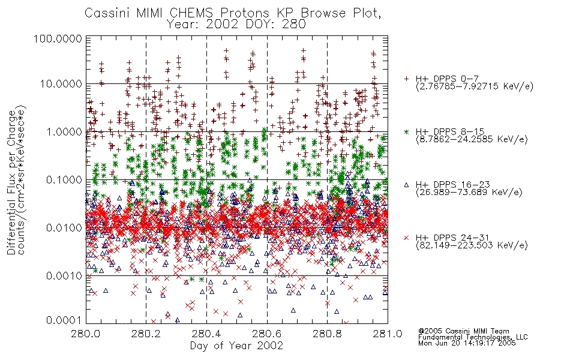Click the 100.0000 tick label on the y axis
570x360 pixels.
pyautogui.click(x=58, y=38)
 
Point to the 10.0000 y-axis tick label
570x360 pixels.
pyautogui.click(x=61, y=84)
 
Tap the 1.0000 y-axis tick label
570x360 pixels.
pyautogui.click(x=64, y=131)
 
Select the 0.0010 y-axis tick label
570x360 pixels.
pyautogui.click(x=64, y=275)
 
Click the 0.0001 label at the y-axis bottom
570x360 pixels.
pyautogui.click(x=64, y=320)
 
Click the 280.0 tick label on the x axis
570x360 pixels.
pyautogui.click(x=86, y=334)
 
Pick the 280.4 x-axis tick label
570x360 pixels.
pyautogui.click(x=206, y=334)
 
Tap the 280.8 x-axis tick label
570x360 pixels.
pyautogui.click(x=327, y=334)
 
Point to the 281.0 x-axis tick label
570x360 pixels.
pyautogui.click(x=388, y=334)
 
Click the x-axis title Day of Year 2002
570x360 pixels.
pyautogui.click(x=236, y=346)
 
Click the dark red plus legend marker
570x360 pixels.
pyautogui.click(x=406, y=78)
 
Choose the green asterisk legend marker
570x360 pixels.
pyautogui.click(x=406, y=131)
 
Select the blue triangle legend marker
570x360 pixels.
pyautogui.click(x=406, y=185)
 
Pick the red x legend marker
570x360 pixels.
pyautogui.click(x=406, y=238)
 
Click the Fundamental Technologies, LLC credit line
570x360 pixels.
pyautogui.click(x=473, y=337)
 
